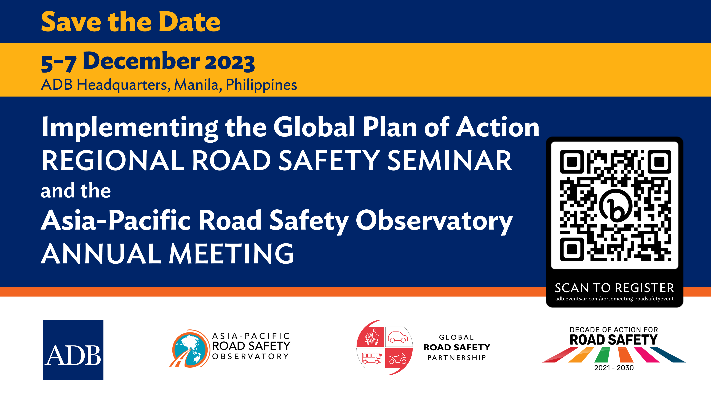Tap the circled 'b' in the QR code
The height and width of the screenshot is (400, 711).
[x=615, y=206]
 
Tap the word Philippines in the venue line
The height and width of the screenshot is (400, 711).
[x=261, y=85]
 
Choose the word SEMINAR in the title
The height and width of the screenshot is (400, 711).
[x=449, y=161]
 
